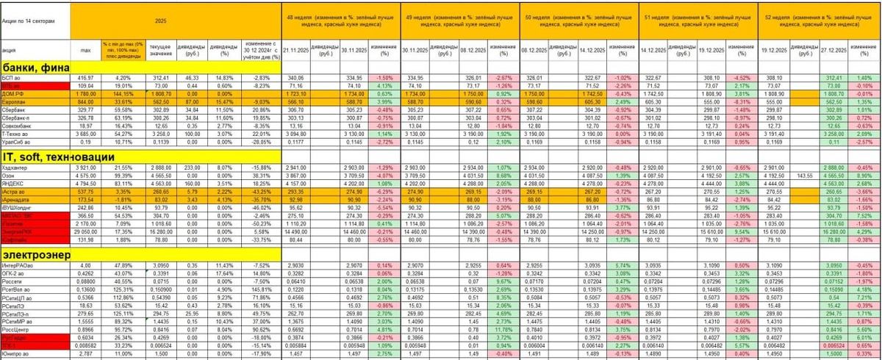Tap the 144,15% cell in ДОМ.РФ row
coord(122,93)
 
